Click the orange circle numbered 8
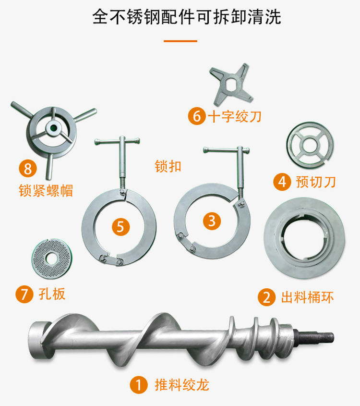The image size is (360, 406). [28, 168]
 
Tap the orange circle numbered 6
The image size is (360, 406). [197, 116]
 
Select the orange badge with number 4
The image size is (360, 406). [282, 182]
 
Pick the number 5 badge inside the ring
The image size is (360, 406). [121, 227]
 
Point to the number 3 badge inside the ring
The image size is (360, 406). [212, 221]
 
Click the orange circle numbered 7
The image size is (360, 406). [24, 294]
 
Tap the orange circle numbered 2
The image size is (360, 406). [266, 297]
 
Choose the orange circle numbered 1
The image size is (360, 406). [139, 385]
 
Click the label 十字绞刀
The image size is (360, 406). [235, 117]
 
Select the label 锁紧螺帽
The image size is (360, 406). [46, 191]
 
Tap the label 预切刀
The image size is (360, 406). [316, 182]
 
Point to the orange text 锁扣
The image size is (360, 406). [168, 166]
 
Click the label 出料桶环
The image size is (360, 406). [308, 297]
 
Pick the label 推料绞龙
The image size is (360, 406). [182, 385]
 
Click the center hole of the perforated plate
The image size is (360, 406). [52, 258]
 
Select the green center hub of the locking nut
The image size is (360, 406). [54, 127]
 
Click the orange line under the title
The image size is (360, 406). [180, 41]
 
